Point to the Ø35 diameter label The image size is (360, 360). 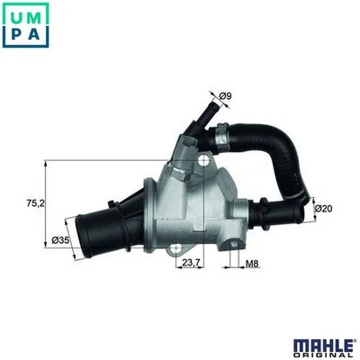[62, 239]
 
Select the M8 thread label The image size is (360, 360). [254, 264]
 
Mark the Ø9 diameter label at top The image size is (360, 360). [225, 94]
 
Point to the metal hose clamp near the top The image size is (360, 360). [221, 136]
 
